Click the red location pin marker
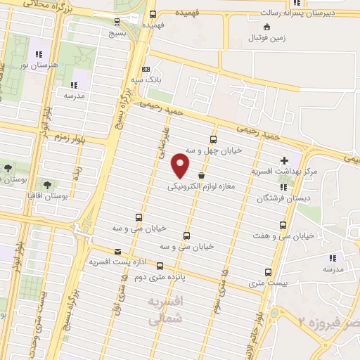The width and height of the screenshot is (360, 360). tap(181, 166)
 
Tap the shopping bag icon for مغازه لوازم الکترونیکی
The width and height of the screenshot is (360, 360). tap(202, 176)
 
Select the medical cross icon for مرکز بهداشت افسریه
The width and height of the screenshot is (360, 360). tap(283, 161)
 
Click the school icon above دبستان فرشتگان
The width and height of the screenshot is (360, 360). tap(283, 187)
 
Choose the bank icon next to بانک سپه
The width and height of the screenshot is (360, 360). tap(146, 70)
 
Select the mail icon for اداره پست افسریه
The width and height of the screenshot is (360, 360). tap(117, 251)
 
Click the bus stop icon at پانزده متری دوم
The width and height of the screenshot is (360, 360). tap(160, 266)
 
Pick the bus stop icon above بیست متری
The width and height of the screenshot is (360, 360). tap(268, 272)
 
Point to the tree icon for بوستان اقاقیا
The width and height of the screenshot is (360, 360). tap(47, 185)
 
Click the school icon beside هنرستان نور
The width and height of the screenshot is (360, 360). tap(40, 53)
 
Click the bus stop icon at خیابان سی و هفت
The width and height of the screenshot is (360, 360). tap(283, 225)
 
